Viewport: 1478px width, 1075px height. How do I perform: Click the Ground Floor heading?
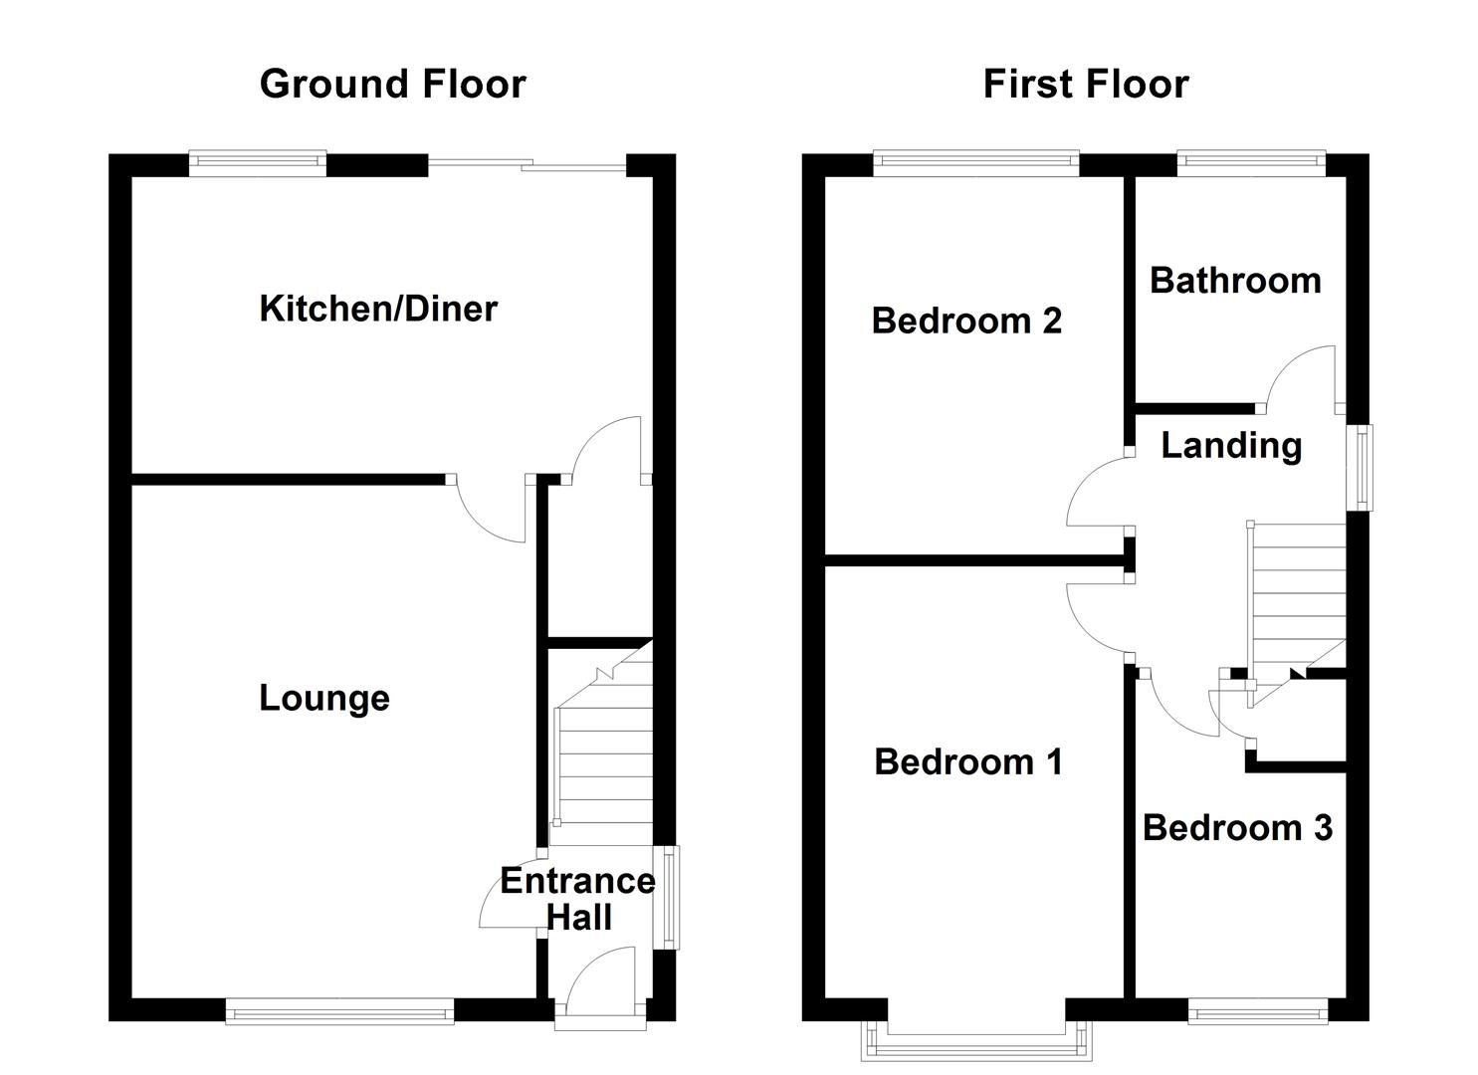click(392, 84)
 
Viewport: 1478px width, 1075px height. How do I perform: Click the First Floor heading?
click(1085, 84)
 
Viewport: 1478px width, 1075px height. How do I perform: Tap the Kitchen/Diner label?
click(378, 309)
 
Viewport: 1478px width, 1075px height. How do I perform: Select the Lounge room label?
click(324, 698)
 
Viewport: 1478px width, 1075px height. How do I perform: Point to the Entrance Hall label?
click(577, 899)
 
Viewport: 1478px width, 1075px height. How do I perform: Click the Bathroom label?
click(1235, 281)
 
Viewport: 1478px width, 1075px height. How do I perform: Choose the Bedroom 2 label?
click(966, 321)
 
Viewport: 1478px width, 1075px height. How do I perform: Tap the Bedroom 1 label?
click(967, 762)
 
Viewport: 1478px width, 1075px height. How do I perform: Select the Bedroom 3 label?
click(1237, 828)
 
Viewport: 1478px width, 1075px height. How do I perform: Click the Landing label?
click(1231, 445)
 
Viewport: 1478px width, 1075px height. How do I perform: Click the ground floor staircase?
click(603, 756)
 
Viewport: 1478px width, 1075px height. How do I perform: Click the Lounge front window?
click(339, 1013)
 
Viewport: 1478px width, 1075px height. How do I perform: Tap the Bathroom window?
click(1251, 163)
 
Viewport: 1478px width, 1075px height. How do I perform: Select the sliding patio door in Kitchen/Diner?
click(528, 165)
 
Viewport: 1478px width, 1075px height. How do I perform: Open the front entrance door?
click(600, 985)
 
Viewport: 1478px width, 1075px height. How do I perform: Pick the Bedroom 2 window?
click(976, 163)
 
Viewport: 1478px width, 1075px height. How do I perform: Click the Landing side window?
click(1360, 468)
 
